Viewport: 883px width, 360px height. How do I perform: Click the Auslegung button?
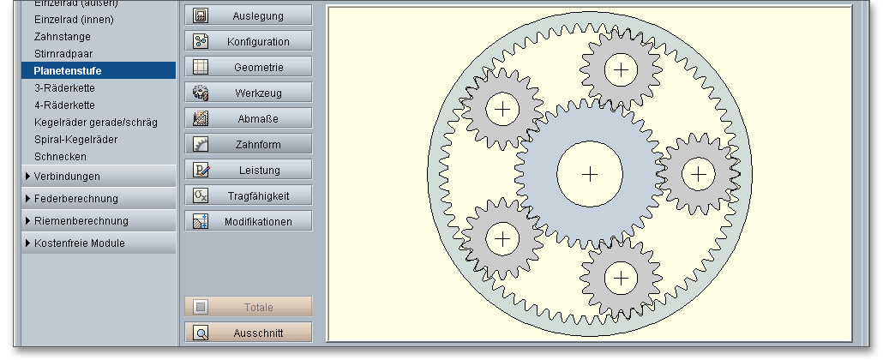click(249, 15)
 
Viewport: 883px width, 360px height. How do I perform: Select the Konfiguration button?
click(249, 41)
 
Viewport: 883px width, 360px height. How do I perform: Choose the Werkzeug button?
click(249, 93)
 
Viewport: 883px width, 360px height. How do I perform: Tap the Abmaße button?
click(249, 118)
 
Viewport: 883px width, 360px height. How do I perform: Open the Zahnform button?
click(249, 144)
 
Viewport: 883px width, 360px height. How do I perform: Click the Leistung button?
click(249, 170)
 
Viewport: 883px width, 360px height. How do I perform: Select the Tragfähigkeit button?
click(249, 195)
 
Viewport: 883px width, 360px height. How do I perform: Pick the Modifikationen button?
click(249, 221)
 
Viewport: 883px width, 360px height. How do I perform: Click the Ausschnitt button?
click(249, 333)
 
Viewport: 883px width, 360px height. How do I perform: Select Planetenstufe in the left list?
click(68, 70)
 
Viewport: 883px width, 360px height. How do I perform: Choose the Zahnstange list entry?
click(62, 37)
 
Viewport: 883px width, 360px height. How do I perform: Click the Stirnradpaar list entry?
click(63, 53)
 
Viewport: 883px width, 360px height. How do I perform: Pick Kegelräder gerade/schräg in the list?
click(95, 122)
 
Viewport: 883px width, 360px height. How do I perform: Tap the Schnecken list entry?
click(60, 156)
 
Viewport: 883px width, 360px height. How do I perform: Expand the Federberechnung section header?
click(75, 198)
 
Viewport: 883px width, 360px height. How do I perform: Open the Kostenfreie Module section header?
click(79, 243)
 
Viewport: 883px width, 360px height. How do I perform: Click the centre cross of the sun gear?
click(590, 175)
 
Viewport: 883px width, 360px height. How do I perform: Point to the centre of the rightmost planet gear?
click(700, 175)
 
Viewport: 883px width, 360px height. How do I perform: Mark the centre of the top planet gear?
click(621, 69)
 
